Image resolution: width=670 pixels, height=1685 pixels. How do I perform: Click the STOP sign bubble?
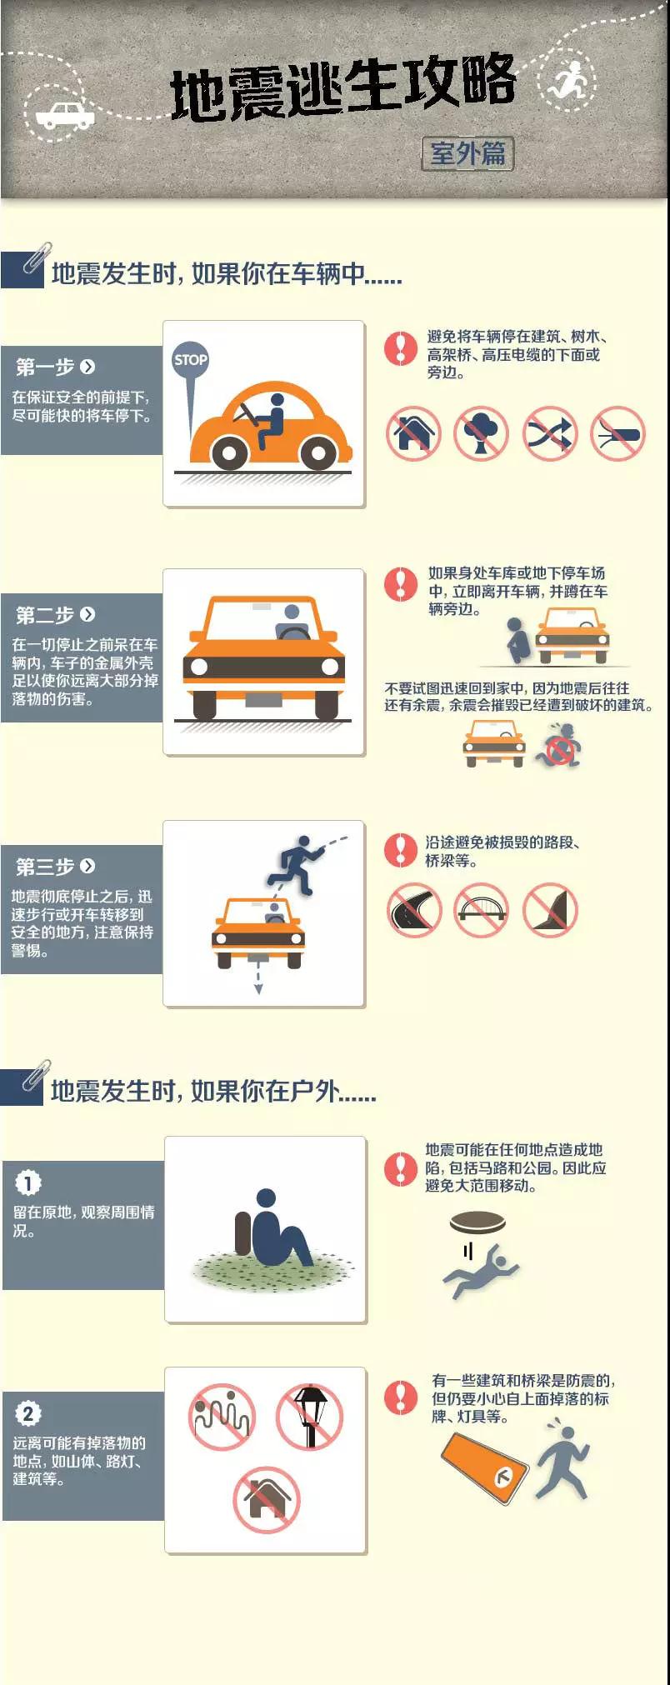(x=190, y=360)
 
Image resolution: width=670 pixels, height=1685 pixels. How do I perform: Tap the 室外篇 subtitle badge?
(x=467, y=153)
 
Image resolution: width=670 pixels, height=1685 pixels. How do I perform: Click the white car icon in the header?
(x=65, y=116)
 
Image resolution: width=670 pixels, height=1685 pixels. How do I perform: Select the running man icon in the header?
(x=570, y=81)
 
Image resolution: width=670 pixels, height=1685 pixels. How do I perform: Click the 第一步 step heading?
(x=45, y=367)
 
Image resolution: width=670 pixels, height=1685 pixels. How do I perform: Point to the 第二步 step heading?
(x=45, y=615)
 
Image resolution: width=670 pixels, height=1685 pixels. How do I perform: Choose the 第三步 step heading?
(x=45, y=867)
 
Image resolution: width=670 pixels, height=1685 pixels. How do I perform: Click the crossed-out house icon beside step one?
(x=413, y=433)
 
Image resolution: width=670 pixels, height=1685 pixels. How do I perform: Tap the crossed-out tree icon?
(x=482, y=433)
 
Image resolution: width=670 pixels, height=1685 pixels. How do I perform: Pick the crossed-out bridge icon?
(x=482, y=910)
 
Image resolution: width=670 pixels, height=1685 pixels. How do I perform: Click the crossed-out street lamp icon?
(x=310, y=1417)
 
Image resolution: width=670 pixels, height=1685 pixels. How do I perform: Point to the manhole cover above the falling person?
(x=477, y=1223)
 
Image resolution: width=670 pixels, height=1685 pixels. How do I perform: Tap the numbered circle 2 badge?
(x=27, y=1413)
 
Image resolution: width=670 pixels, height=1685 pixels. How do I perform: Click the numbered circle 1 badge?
(x=27, y=1182)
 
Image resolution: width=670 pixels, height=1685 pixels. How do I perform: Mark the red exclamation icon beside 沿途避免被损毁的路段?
(x=401, y=849)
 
